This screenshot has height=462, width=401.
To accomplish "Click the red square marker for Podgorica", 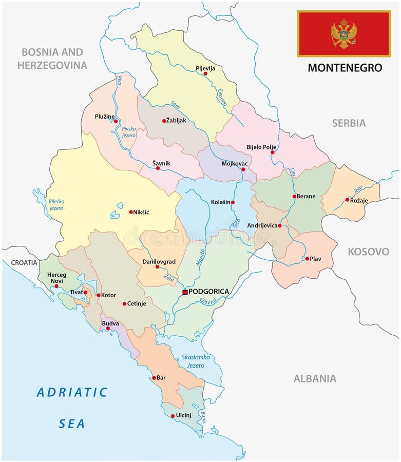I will [x=185, y=292].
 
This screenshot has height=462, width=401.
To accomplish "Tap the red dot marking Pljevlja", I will [x=205, y=74].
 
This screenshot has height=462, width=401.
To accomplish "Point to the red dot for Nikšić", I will [x=131, y=211].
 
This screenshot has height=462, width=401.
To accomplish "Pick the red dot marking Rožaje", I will [x=347, y=200].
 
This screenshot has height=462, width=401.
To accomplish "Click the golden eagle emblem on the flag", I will [x=343, y=33].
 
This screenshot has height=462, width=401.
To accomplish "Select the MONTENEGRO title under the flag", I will [x=345, y=68].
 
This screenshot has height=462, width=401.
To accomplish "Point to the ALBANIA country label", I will [x=315, y=379].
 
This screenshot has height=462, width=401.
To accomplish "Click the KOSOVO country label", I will [x=368, y=252].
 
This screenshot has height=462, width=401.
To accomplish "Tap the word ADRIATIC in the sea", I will [x=72, y=393].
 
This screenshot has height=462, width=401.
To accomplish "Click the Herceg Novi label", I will [x=56, y=278].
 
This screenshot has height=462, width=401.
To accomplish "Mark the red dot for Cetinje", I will [x=124, y=304].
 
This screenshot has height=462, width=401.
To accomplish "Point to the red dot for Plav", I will [x=307, y=259].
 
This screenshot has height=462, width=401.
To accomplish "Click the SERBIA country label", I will [x=349, y=123].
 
